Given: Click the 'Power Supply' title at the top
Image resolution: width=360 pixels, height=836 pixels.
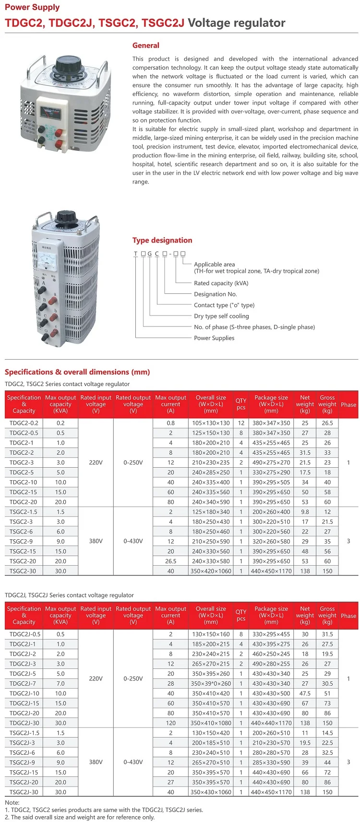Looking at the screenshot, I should [x=32, y=7].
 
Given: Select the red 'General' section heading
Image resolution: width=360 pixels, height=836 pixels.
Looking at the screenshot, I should [x=145, y=46].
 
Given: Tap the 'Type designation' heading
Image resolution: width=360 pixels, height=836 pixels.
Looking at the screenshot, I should [x=162, y=241].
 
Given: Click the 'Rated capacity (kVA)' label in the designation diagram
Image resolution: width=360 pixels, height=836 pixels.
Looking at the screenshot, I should [x=221, y=283].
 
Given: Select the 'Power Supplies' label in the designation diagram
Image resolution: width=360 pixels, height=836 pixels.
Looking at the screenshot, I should [x=214, y=338].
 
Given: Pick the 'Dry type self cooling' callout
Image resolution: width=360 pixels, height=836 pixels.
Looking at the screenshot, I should [x=221, y=316].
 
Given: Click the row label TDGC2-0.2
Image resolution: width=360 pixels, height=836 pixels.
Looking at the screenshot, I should [x=24, y=423].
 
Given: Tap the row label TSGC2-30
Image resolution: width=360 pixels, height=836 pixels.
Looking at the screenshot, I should [x=23, y=571].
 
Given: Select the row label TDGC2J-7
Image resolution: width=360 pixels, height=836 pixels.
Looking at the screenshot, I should [x=23, y=683].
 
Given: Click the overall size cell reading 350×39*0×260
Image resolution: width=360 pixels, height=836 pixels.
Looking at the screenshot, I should [x=211, y=683].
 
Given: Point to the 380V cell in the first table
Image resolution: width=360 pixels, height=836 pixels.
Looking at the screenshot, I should [x=96, y=541].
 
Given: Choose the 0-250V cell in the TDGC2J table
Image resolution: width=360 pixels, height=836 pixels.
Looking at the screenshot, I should [x=133, y=678].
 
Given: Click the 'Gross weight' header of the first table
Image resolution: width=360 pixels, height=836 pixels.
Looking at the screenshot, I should [x=327, y=404].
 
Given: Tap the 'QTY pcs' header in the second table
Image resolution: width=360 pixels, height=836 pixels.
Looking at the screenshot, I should [x=241, y=615].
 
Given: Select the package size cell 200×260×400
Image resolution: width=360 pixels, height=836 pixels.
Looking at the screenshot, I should [x=271, y=512].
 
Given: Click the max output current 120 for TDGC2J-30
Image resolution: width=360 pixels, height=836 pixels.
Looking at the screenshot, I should [x=170, y=723].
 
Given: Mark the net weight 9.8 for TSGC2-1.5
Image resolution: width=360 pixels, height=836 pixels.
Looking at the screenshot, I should [x=305, y=512].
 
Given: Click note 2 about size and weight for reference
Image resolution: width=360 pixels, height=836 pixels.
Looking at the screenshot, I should [x=80, y=817].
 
